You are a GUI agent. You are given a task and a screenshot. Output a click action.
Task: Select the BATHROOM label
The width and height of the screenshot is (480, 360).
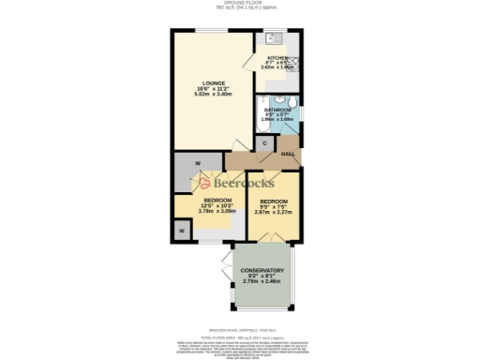click(x=278, y=109)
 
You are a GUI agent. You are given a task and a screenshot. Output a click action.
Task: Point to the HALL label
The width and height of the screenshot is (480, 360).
click(x=289, y=154)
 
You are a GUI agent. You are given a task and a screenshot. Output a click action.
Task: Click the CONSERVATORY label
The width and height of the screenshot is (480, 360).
click(x=263, y=270)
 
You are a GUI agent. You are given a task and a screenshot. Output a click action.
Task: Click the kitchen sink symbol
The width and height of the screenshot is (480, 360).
click(x=276, y=39)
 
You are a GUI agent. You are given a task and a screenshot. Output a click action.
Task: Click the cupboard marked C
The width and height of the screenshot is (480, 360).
click(x=265, y=143)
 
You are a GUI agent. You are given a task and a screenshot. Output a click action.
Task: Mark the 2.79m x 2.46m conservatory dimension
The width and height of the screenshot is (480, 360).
click(x=263, y=281)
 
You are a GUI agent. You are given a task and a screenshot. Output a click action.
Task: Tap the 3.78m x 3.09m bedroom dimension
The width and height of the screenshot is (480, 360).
click(x=217, y=211)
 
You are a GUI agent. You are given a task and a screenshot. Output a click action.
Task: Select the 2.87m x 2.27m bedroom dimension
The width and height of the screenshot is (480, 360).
click(x=274, y=212)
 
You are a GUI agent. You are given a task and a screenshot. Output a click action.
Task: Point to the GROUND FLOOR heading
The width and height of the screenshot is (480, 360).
click(x=239, y=3)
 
